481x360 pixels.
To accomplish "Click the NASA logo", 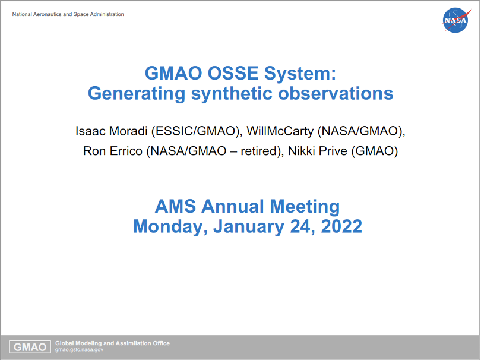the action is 456,20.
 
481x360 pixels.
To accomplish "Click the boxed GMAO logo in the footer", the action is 30,347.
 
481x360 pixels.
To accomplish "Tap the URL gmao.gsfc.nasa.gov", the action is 79,350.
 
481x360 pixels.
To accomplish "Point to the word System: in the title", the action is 300,74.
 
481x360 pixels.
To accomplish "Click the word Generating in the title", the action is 137,94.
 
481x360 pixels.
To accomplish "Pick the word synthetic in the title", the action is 232,94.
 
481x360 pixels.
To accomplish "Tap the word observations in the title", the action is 336,93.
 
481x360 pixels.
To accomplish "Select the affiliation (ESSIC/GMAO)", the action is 195,131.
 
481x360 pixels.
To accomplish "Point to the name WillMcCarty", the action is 280,131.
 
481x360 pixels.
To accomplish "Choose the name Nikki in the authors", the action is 302,151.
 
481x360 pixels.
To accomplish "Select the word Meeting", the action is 305,207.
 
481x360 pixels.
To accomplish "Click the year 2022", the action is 341,226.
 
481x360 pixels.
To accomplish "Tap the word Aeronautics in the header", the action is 48,14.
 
